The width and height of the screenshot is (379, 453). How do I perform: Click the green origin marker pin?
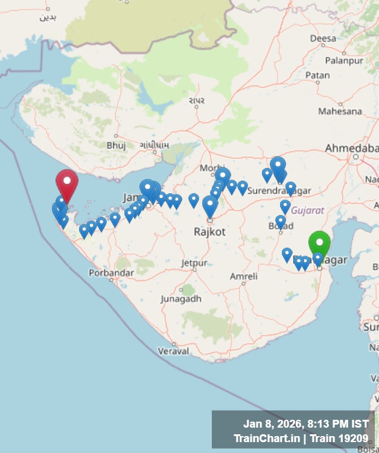point(319,243)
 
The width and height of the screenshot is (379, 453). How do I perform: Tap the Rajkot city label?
point(209,231)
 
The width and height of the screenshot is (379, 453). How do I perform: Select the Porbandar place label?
point(111,273)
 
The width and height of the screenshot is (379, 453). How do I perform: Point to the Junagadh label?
point(181,298)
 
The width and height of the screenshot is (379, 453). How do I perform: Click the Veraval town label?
point(173,350)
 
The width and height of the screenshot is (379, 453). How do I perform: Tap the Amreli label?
point(244,276)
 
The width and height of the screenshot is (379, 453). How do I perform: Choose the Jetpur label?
point(194,263)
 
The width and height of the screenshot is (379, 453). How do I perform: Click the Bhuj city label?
point(116,145)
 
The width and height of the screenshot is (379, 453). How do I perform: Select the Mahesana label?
point(340,111)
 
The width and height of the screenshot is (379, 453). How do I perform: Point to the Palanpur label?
point(342,60)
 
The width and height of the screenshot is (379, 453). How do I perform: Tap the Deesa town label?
point(323,38)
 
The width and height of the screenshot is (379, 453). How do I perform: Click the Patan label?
point(317,75)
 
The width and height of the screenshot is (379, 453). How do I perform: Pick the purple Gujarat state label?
point(308,210)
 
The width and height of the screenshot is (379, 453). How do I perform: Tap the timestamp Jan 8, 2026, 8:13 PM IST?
point(305,423)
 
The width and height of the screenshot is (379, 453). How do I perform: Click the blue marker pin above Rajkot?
point(210,206)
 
